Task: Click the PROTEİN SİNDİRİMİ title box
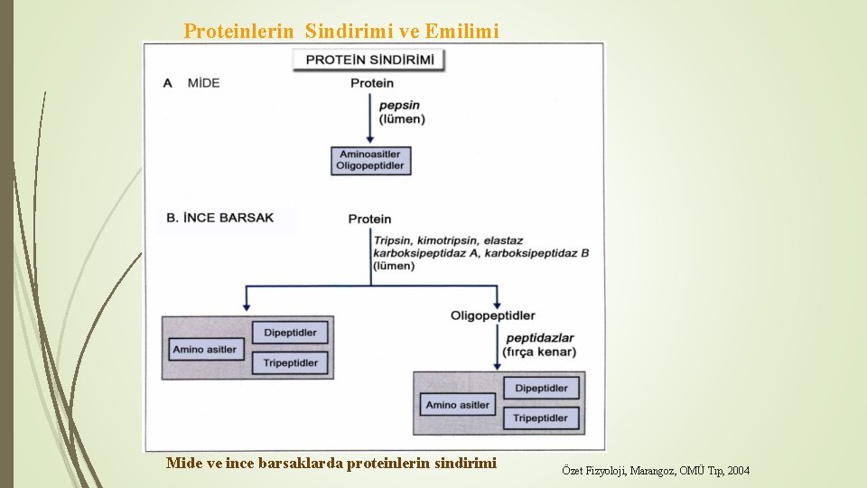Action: point(369,61)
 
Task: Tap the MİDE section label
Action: point(203,83)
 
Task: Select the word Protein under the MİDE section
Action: point(371,83)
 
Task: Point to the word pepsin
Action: point(399,106)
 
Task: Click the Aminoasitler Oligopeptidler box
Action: point(370,160)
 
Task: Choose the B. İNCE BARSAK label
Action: point(220,218)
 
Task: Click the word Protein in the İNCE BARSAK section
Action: point(369,219)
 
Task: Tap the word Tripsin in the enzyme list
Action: point(394,240)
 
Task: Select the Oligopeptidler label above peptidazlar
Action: point(492,315)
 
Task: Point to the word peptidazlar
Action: point(540,338)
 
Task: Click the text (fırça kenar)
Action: point(541,351)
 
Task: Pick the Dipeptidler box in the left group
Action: point(290,333)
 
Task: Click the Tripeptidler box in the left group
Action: point(290,362)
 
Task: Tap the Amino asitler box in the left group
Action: point(206,349)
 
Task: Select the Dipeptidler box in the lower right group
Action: point(541,388)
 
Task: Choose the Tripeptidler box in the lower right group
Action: point(541,418)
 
